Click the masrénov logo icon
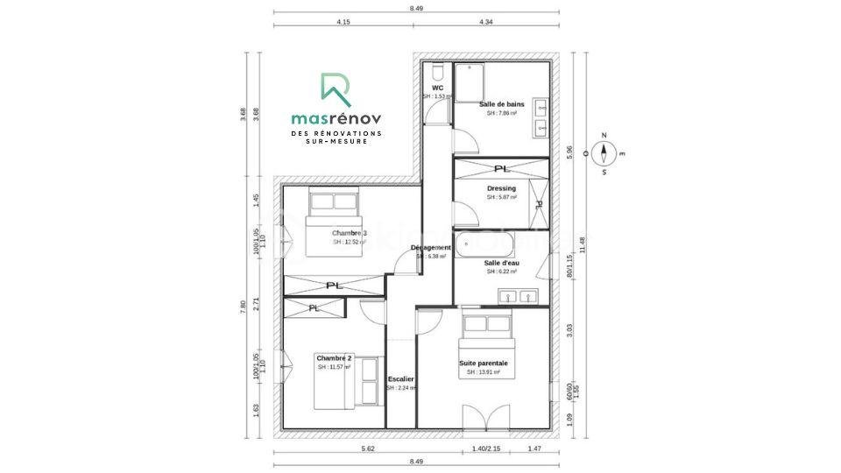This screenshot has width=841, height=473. click(336, 88)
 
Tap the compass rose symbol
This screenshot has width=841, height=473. click(604, 154)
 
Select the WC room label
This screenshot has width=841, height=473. click(438, 88)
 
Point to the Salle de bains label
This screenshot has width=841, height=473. click(502, 104)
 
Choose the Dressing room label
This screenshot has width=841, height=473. click(501, 188)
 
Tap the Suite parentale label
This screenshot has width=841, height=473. click(484, 363)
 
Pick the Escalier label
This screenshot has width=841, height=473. click(400, 378)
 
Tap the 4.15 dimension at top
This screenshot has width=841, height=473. click(343, 21)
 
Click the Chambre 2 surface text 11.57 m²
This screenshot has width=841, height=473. click(334, 367)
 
